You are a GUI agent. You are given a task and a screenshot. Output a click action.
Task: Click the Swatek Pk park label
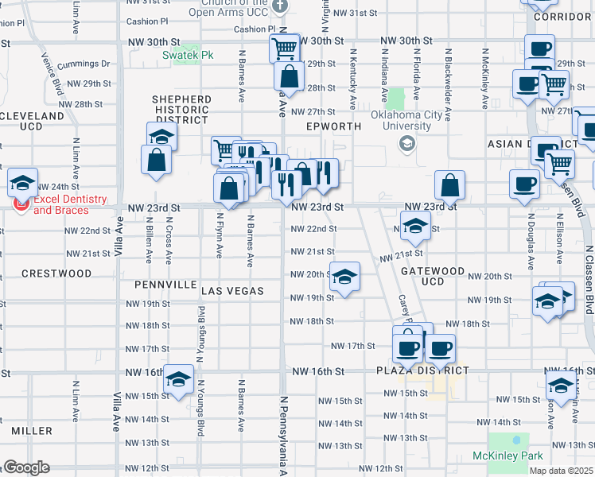(189, 55)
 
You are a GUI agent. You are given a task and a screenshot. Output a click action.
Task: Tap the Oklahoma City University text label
(406, 120)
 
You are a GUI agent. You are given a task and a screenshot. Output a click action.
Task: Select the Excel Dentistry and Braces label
(60, 205)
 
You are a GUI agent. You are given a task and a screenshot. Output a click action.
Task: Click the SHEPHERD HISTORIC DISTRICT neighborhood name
(182, 110)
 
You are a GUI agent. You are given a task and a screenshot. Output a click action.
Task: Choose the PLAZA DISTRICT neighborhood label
(422, 371)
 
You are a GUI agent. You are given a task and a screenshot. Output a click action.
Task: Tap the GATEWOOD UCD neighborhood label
(433, 276)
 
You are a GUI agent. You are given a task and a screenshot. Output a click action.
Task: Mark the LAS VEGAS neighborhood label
(232, 291)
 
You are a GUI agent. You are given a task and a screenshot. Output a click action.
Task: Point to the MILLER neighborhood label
(32, 431)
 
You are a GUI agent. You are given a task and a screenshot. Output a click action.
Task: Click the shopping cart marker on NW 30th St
(284, 48)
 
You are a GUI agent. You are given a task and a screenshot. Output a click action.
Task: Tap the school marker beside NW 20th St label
(344, 277)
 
